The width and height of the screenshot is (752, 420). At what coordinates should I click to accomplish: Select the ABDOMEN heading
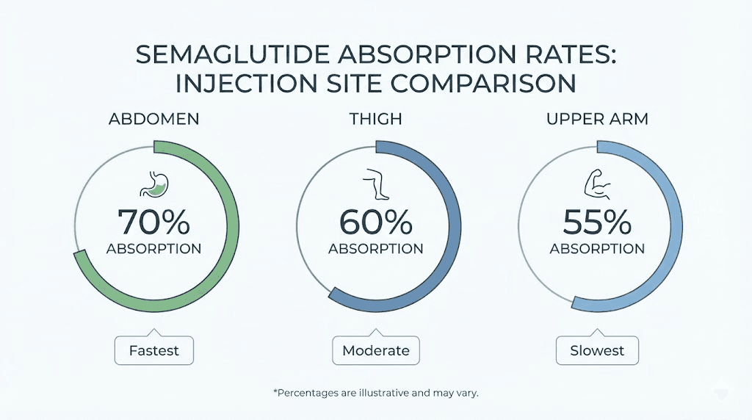click(x=154, y=120)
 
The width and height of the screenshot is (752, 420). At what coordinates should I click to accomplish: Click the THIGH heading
click(x=376, y=120)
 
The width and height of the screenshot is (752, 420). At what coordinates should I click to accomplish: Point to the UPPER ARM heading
click(x=596, y=120)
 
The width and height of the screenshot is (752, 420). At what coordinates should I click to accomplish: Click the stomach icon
click(x=154, y=186)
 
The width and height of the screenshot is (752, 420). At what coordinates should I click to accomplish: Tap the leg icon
click(x=375, y=186)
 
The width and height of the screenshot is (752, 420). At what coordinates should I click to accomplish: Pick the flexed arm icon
click(x=597, y=186)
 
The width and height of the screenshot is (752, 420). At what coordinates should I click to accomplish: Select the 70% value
click(x=154, y=221)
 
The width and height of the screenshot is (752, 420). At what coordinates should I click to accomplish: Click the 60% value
click(x=375, y=221)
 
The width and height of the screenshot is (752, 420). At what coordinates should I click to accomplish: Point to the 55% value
click(x=597, y=221)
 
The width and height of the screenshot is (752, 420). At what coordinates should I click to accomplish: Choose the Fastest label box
click(x=153, y=350)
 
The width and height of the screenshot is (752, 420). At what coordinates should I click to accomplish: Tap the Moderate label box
click(x=376, y=350)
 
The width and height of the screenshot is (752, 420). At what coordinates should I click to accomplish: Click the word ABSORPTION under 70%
click(x=154, y=249)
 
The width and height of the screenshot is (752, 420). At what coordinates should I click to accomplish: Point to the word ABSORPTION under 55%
click(x=597, y=249)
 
